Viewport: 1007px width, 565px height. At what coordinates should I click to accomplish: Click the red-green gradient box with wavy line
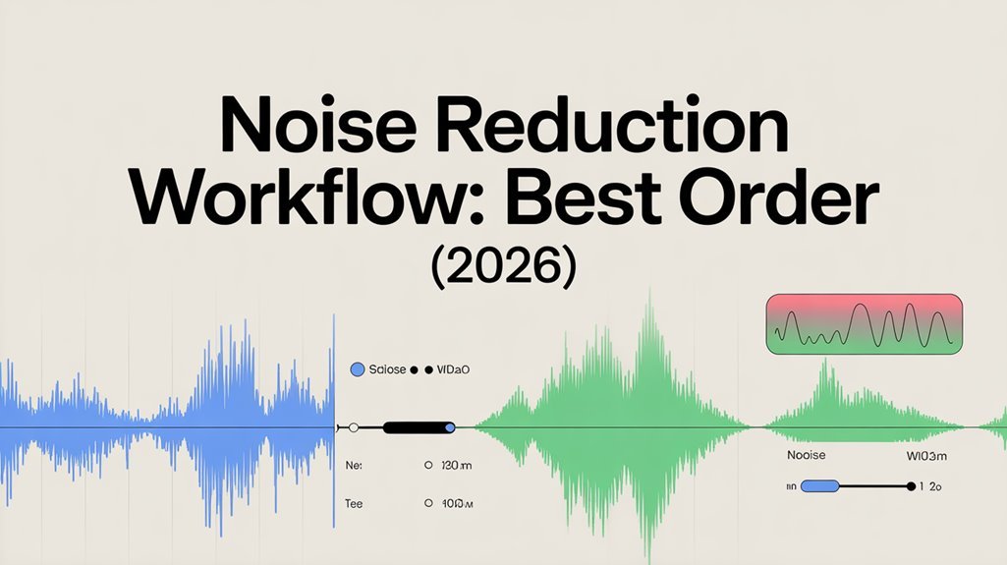863,322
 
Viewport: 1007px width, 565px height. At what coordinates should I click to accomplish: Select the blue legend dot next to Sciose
358,369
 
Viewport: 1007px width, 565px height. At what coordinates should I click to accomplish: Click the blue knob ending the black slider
450,427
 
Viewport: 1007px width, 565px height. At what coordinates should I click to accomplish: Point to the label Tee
354,502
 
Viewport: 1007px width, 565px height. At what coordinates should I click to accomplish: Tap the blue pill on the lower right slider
819,485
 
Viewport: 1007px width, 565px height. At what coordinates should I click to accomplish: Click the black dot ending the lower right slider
911,485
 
